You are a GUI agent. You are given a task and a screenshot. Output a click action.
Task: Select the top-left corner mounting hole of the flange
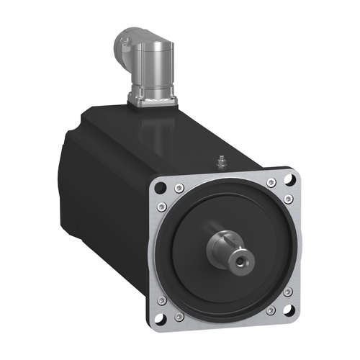[x=160, y=187]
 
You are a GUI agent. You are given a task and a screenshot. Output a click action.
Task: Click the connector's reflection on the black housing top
[x=155, y=130]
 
